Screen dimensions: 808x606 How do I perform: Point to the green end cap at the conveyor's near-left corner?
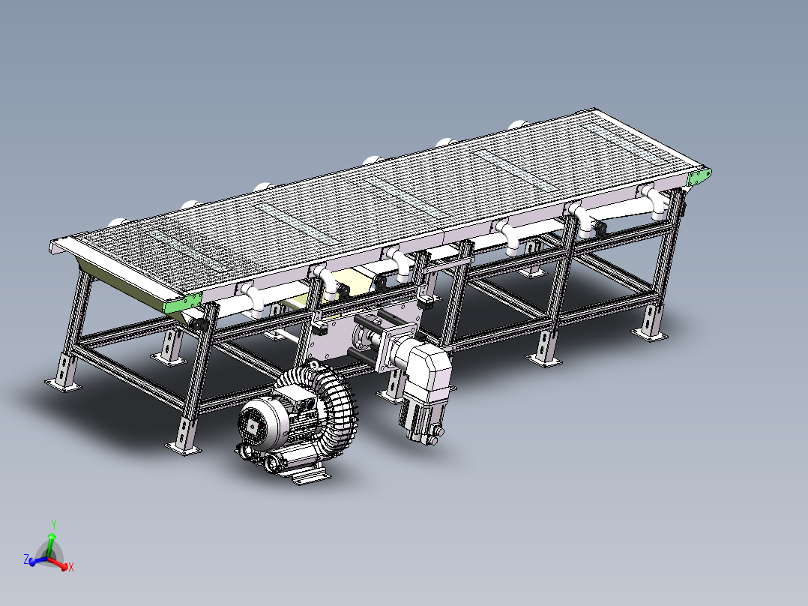coord(182,304)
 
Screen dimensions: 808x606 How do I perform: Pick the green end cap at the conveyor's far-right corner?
coord(699,176)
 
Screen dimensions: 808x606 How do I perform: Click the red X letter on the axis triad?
coord(71,567)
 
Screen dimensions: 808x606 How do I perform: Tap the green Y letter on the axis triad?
coord(54,525)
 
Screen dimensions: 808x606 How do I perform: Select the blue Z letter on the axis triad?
coord(26,559)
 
